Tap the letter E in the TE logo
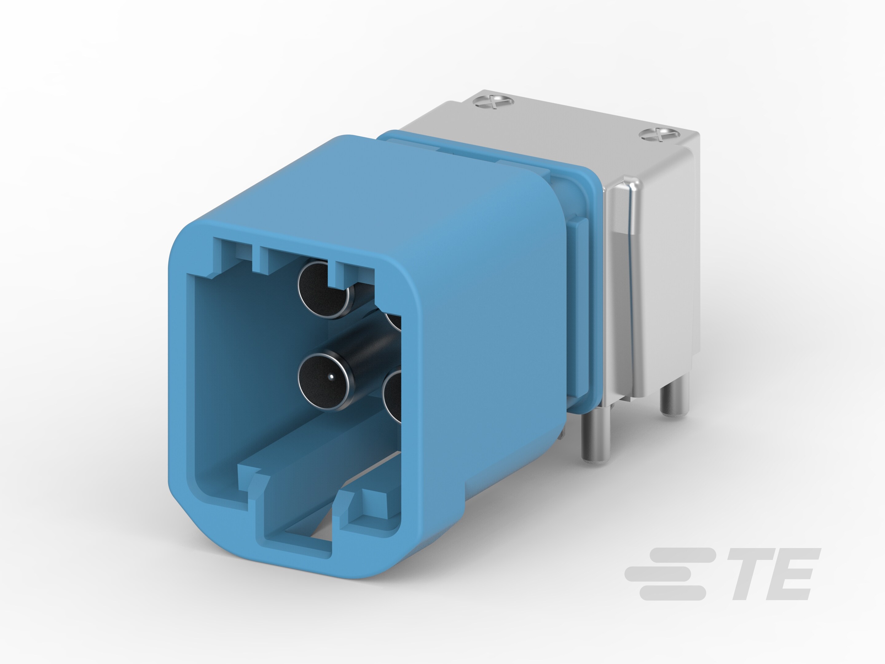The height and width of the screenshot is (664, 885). point(790,574)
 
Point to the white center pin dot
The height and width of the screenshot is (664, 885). point(331,376)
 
